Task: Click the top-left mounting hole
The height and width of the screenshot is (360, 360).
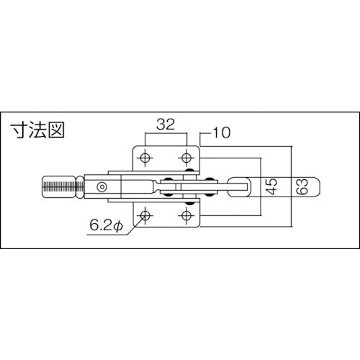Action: [145, 158]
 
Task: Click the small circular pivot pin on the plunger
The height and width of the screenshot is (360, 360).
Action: [102, 186]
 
